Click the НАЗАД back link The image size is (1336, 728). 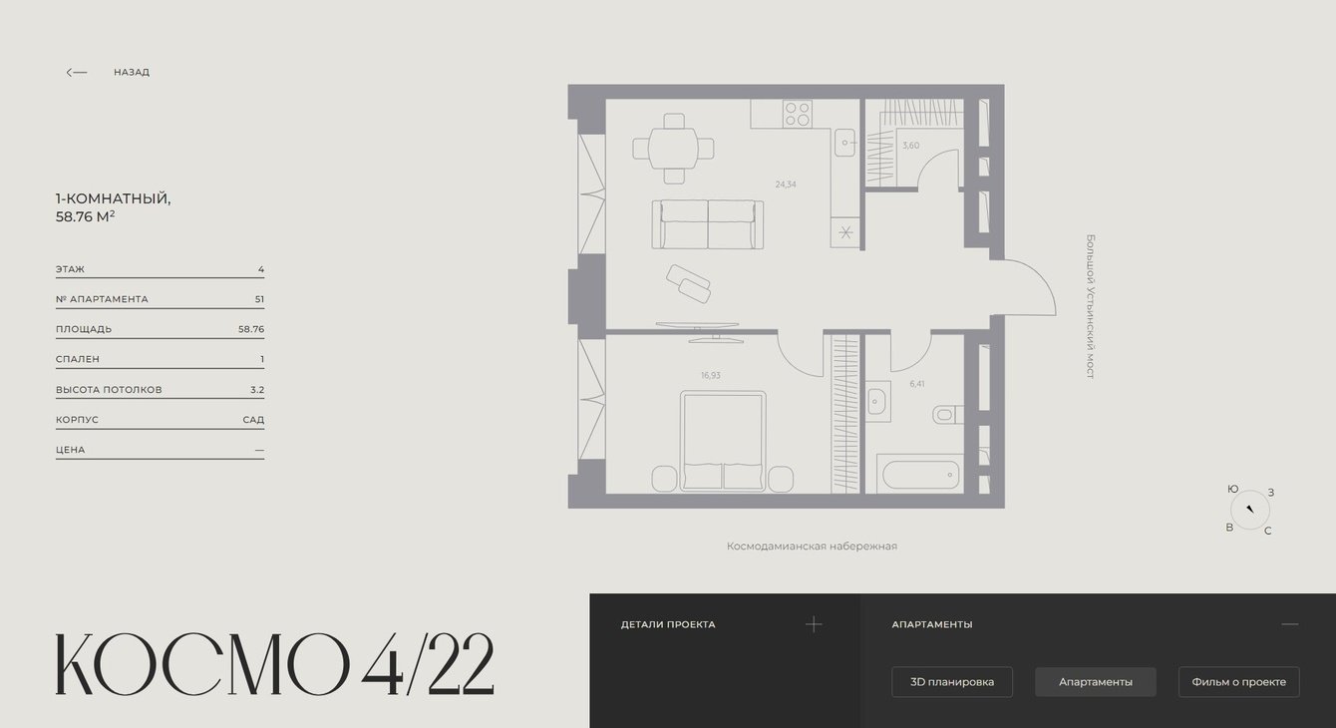click(x=132, y=72)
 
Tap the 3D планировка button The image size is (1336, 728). click(x=952, y=681)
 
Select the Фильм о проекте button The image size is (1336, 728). click(x=1238, y=681)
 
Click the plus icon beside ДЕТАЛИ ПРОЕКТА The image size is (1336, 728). click(x=814, y=624)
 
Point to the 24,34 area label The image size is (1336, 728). click(x=786, y=184)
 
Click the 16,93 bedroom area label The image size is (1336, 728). click(x=710, y=375)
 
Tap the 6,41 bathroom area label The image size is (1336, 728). click(x=916, y=384)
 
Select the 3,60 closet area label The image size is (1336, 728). click(x=910, y=145)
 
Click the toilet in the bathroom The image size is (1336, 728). click(x=948, y=414)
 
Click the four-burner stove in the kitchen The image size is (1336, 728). click(x=798, y=114)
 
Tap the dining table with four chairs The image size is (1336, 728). click(x=673, y=149)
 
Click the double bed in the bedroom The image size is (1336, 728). click(x=722, y=441)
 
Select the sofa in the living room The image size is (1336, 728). click(x=707, y=224)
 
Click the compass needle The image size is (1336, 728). click(x=1250, y=509)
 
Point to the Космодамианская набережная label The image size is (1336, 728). click(x=812, y=546)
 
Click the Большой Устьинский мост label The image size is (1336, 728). click(x=1091, y=306)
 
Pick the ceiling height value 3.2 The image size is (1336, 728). click(x=257, y=390)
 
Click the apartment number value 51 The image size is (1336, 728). click(x=259, y=299)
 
